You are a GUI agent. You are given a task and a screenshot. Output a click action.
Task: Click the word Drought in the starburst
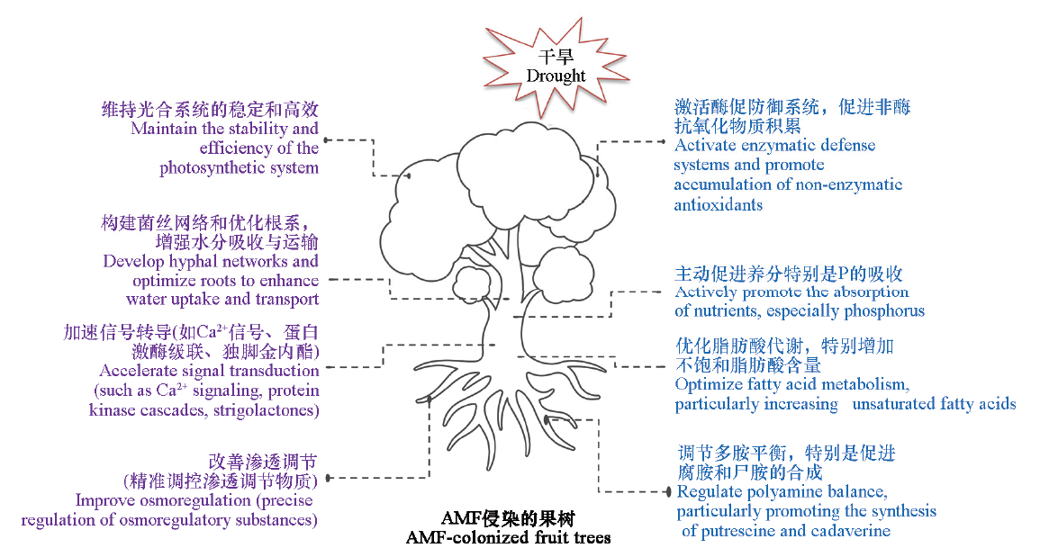tap(556, 76)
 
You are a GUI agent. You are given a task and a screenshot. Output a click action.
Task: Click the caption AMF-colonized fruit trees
tap(508, 538)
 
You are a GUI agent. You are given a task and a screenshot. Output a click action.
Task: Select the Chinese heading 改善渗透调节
tap(262, 462)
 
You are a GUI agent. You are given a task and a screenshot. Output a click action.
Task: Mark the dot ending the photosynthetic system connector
tap(326, 139)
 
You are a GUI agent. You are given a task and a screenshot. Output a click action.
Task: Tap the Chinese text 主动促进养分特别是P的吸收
tap(789, 274)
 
